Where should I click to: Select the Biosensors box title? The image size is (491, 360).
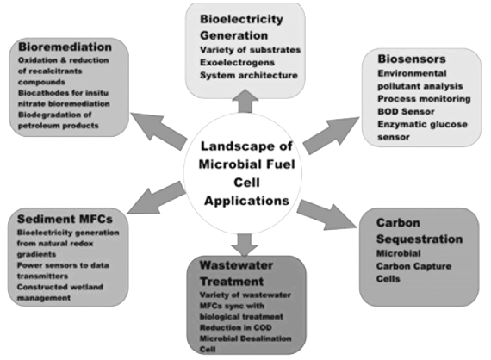(410, 59)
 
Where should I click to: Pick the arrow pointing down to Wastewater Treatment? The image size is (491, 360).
(244, 244)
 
